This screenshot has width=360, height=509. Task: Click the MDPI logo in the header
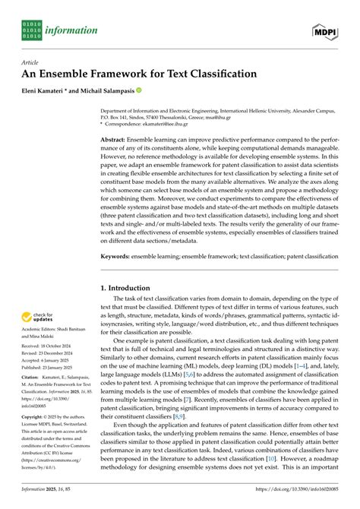pyautogui.click(x=324, y=30)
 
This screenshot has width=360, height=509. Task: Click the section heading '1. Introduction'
pyautogui.click(x=131, y=289)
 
